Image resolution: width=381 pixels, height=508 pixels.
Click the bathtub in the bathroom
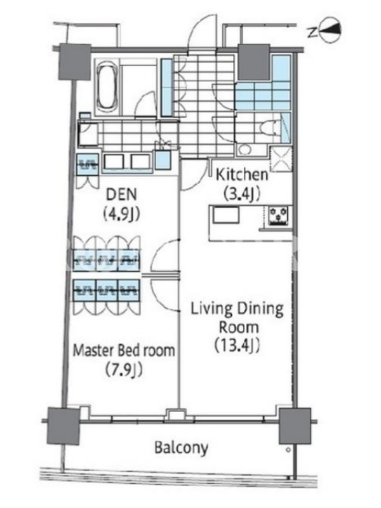[x=108, y=86]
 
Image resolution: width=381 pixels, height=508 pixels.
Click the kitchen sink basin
[x=225, y=215]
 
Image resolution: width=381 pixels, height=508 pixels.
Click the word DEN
[x=121, y=194]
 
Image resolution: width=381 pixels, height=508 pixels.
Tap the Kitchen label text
[x=242, y=175]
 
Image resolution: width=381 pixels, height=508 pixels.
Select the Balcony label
[x=181, y=448]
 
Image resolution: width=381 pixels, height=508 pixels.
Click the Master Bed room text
[x=124, y=351]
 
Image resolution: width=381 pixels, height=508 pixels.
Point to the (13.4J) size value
[x=237, y=345]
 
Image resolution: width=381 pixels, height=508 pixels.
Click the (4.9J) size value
[x=121, y=214]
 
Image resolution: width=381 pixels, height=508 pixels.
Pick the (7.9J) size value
[x=124, y=370]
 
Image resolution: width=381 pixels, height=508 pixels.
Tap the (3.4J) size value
[x=242, y=194]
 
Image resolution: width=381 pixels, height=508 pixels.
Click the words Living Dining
[x=237, y=309]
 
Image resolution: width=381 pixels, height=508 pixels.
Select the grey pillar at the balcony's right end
[x=295, y=425]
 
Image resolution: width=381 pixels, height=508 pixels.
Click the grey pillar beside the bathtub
[x=74, y=62]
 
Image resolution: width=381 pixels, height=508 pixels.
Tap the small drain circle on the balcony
[x=288, y=450]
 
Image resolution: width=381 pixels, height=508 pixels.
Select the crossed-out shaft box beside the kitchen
[x=281, y=159]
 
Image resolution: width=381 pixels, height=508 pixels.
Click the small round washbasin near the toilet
[x=244, y=150]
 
